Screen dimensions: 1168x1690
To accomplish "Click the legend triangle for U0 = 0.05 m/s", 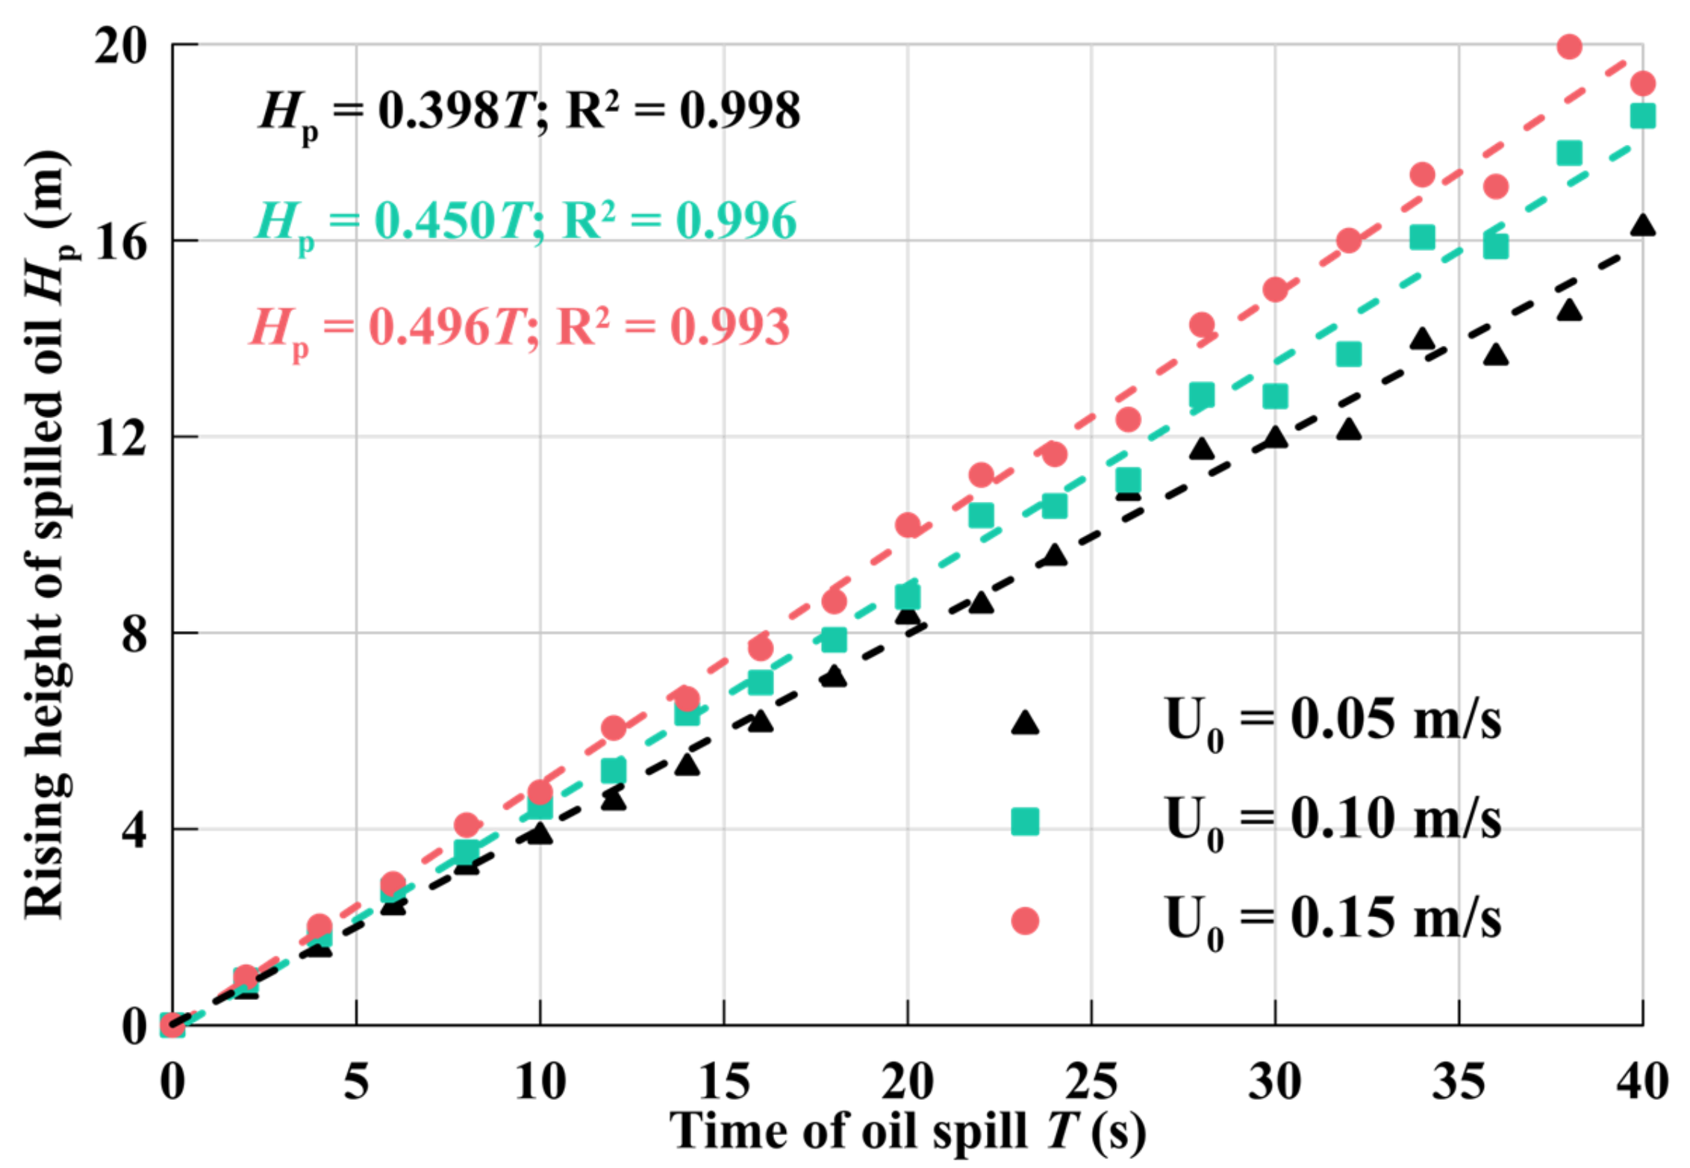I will [x=1025, y=722].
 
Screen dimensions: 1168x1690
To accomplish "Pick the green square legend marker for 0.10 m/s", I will [x=1025, y=821].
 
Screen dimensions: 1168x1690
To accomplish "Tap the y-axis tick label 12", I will [x=119, y=438].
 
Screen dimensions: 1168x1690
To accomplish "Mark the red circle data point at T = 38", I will [x=1569, y=46].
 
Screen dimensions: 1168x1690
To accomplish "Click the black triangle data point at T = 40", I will [x=1642, y=225].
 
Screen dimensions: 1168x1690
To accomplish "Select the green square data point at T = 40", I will [x=1642, y=116].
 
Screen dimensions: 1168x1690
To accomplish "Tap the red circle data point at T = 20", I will [x=908, y=525].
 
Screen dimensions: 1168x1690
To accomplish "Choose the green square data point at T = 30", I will [x=1275, y=397].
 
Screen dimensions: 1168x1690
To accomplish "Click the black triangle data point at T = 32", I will [x=1348, y=429].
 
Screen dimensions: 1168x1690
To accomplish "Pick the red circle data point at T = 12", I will [x=614, y=727].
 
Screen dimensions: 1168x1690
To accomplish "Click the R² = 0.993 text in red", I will [x=672, y=329].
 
